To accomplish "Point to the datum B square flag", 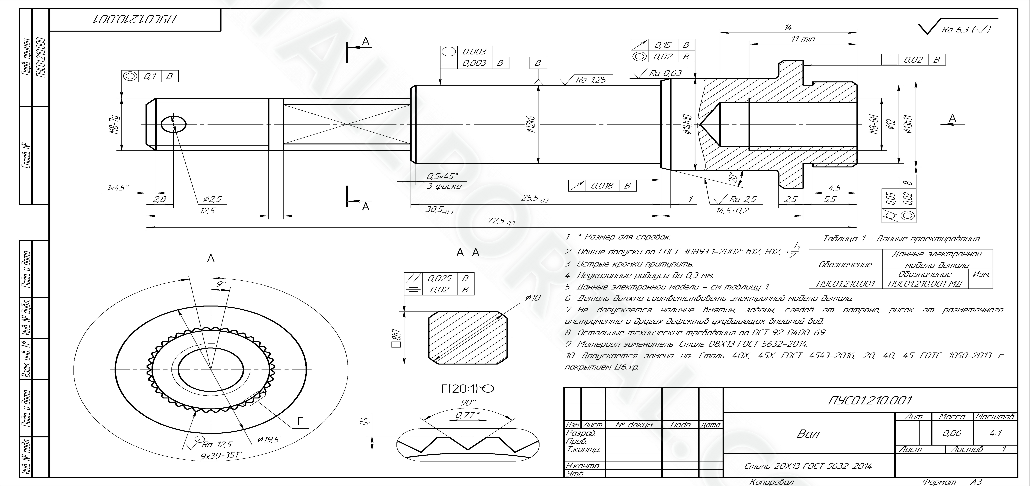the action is point(538,63).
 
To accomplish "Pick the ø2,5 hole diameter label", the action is point(212,199).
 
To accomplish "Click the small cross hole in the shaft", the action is point(174,124).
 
